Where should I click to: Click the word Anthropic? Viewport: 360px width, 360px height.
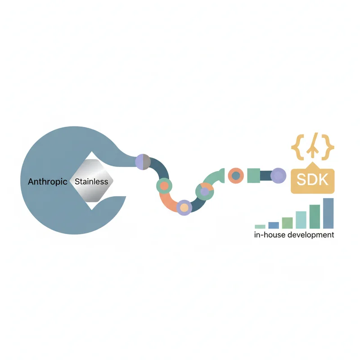point(48,182)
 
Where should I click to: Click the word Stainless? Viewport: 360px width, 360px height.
point(91,182)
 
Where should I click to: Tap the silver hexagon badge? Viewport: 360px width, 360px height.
point(91,181)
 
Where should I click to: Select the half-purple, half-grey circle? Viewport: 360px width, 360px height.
point(143,162)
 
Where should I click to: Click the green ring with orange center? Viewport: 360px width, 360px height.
point(164,186)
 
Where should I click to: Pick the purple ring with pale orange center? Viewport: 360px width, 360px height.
point(184,207)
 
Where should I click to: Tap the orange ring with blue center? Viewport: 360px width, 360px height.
point(236,175)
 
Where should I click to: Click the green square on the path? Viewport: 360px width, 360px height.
point(254,175)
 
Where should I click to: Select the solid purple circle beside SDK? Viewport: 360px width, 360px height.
point(278,175)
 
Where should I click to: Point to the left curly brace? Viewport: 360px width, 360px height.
point(298,147)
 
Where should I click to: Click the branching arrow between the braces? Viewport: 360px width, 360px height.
point(313,145)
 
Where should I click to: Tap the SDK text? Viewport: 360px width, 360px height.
point(312,180)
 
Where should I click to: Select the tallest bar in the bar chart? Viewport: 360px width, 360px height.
point(328,213)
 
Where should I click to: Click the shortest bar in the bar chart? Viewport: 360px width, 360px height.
point(260,227)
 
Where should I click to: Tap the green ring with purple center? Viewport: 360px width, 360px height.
point(204,192)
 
